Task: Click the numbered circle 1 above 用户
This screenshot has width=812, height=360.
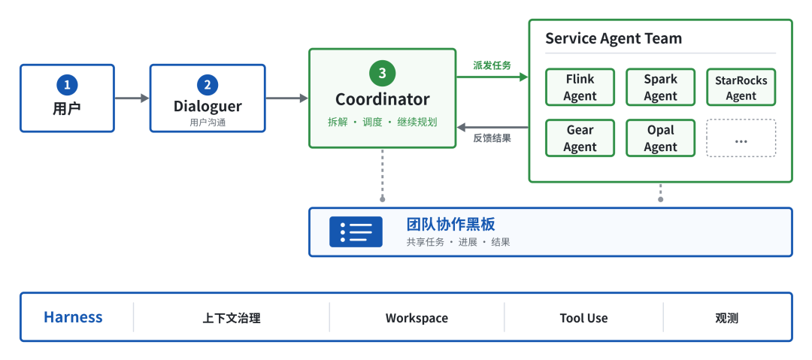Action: (68, 85)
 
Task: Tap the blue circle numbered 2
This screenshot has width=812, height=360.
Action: (208, 85)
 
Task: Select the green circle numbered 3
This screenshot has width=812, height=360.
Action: (382, 74)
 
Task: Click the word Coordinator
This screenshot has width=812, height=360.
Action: (382, 99)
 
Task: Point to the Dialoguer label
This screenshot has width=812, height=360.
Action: (208, 106)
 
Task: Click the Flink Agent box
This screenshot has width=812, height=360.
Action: (580, 87)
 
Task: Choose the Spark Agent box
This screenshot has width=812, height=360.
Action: (660, 87)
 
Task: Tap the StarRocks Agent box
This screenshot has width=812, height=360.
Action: (741, 87)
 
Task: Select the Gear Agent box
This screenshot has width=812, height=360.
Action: (580, 138)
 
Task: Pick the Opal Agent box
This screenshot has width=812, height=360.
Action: (660, 138)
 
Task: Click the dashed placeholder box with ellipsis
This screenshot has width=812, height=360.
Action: (741, 138)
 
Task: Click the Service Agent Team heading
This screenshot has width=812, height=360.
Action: (614, 38)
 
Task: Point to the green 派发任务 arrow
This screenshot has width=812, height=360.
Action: (492, 77)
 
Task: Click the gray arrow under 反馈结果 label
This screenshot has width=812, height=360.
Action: (492, 127)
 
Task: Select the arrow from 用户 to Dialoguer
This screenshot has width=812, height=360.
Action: (132, 98)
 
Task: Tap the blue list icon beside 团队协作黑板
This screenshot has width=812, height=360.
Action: (356, 231)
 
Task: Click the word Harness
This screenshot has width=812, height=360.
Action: (73, 317)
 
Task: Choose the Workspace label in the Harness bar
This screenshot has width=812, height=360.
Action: (417, 318)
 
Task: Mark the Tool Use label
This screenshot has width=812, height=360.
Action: (583, 318)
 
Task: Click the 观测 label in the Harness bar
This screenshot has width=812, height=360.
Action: (726, 318)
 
